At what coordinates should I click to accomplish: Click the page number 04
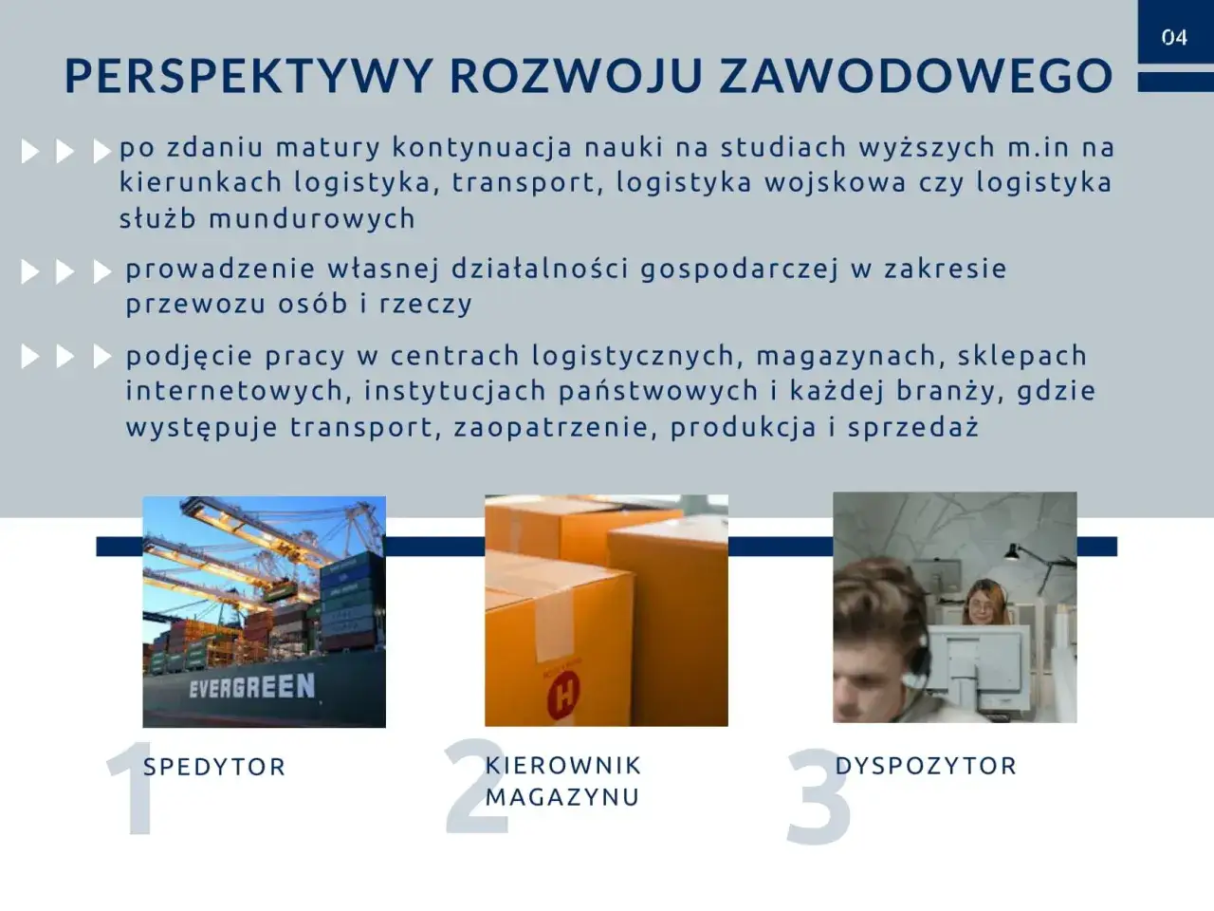pos(1174,38)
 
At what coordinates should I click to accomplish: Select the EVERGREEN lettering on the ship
pos(251,685)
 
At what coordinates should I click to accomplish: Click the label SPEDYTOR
pos(214,767)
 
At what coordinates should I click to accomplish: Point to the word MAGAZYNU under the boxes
pos(562,796)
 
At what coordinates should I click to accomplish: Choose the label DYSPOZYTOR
pos(926,766)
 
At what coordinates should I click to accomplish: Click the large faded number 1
pos(130,790)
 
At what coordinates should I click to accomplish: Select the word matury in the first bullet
pos(328,148)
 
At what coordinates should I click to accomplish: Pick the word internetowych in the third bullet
pos(234,391)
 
